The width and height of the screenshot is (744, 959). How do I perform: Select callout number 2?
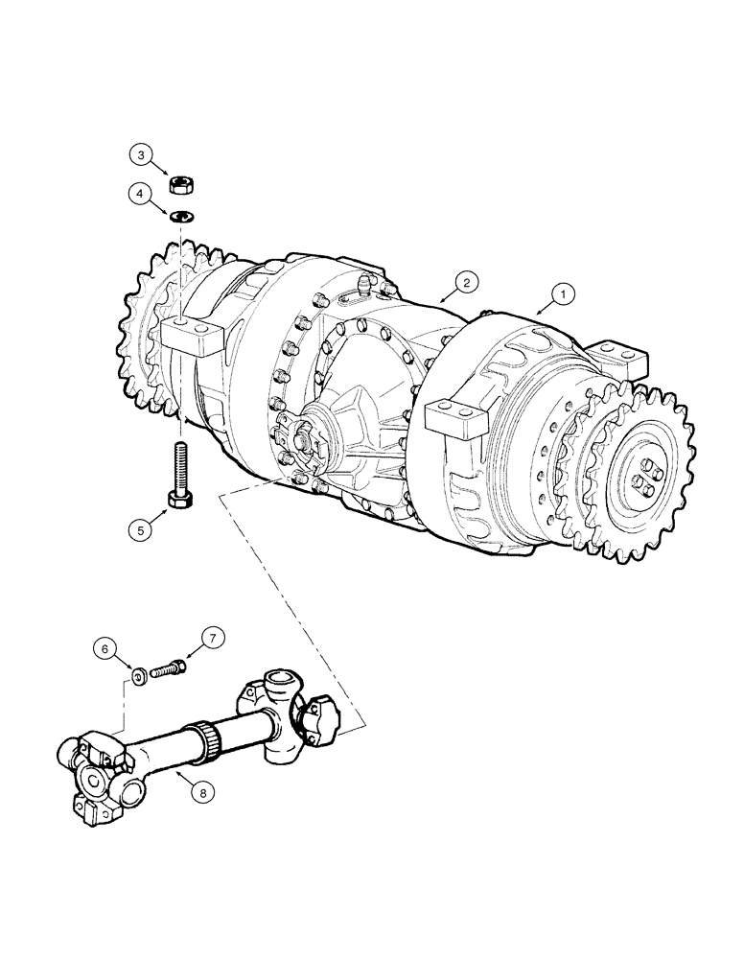pyautogui.click(x=464, y=282)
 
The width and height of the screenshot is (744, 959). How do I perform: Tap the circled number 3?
pyautogui.click(x=141, y=154)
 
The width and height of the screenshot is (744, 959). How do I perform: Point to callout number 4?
pyautogui.click(x=141, y=195)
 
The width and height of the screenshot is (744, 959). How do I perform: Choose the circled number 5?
pyautogui.click(x=141, y=526)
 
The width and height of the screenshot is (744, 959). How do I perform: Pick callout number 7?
pyautogui.click(x=212, y=637)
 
